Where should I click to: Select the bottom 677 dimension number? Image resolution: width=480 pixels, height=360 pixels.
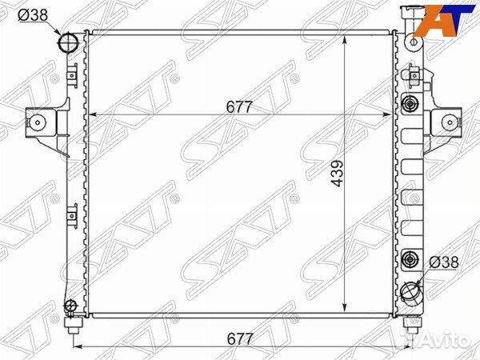[239, 339]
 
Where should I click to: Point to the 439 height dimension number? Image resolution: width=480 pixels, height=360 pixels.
[337, 174]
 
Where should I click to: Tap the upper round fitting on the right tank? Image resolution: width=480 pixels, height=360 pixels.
[411, 104]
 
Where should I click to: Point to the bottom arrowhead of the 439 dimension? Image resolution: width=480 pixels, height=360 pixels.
[345, 311]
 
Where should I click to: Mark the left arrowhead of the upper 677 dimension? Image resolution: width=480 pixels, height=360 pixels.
[90, 115]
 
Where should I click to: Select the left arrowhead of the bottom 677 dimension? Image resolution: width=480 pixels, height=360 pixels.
[78, 346]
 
